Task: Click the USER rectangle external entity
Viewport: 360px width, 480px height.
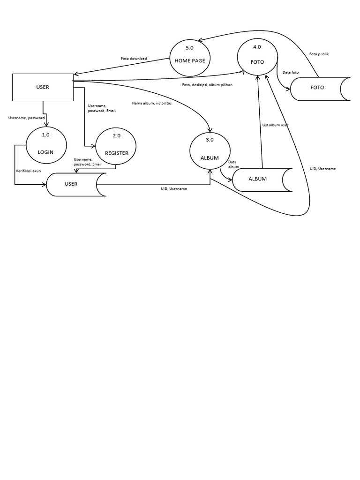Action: [43, 87]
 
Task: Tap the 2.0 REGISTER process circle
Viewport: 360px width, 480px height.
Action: [116, 146]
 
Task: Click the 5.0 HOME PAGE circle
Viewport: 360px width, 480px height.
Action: [189, 58]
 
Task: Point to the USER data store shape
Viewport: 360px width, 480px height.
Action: [75, 184]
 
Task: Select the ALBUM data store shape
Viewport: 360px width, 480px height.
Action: [261, 179]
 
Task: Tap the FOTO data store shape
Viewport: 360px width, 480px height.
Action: [319, 88]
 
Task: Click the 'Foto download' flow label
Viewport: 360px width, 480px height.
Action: [134, 59]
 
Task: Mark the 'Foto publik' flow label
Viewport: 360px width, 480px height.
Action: [319, 54]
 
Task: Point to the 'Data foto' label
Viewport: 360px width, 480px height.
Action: [291, 72]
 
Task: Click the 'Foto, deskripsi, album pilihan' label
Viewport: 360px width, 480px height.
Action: [207, 85]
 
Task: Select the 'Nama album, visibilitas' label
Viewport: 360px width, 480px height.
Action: [151, 103]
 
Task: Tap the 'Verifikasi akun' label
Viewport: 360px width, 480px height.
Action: [28, 171]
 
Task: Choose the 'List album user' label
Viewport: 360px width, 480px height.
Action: [275, 125]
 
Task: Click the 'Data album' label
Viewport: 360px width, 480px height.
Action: [233, 165]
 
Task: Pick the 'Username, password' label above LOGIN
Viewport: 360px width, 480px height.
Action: [26, 118]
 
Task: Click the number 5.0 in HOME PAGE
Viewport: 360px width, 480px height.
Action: [189, 48]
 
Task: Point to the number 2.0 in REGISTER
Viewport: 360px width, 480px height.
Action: [116, 136]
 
